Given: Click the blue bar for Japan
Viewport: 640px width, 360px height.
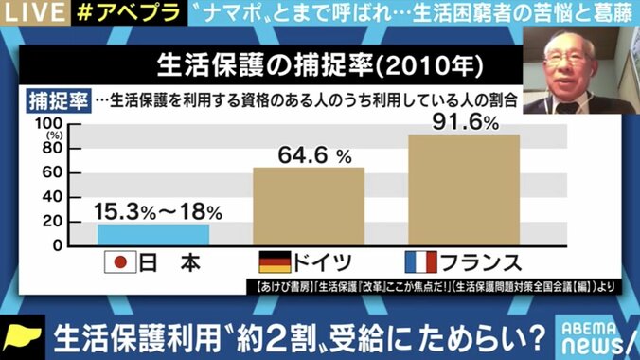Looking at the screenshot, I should point(154,234).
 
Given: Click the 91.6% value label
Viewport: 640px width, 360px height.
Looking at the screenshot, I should point(464,121).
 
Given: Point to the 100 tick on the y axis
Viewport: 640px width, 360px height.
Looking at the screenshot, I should point(48,124).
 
